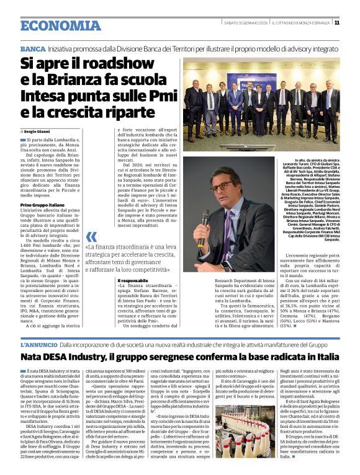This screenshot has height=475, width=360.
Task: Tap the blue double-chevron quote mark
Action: click(x=91, y=237)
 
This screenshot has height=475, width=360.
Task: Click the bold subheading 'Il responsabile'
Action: click(x=131, y=281)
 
